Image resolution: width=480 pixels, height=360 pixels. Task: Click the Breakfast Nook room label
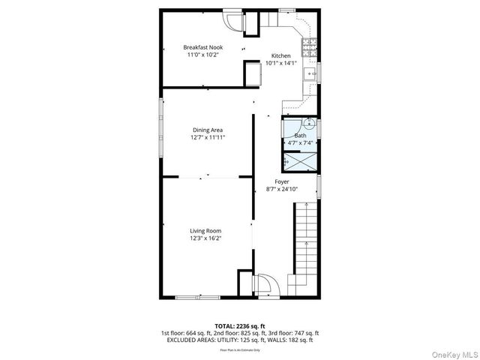point(203,47)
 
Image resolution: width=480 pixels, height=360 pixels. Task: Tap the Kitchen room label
point(280,56)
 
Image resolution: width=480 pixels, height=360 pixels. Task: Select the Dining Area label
point(208,130)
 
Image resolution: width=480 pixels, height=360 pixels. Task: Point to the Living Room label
point(205,231)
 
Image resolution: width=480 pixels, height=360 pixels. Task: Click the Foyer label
point(282,181)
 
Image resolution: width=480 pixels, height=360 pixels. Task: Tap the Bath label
point(300,136)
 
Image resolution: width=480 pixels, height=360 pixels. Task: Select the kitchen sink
point(309,73)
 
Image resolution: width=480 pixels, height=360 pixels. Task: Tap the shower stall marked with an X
point(301,161)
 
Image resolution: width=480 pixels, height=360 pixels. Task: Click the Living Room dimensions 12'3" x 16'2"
point(205,238)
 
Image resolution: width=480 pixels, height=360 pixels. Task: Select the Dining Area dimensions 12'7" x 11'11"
point(208,138)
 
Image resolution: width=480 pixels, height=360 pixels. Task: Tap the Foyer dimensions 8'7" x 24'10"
point(282,189)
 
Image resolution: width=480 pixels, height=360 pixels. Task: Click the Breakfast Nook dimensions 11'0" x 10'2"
point(203,55)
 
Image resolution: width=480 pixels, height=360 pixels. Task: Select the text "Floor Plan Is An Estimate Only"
point(240,349)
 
